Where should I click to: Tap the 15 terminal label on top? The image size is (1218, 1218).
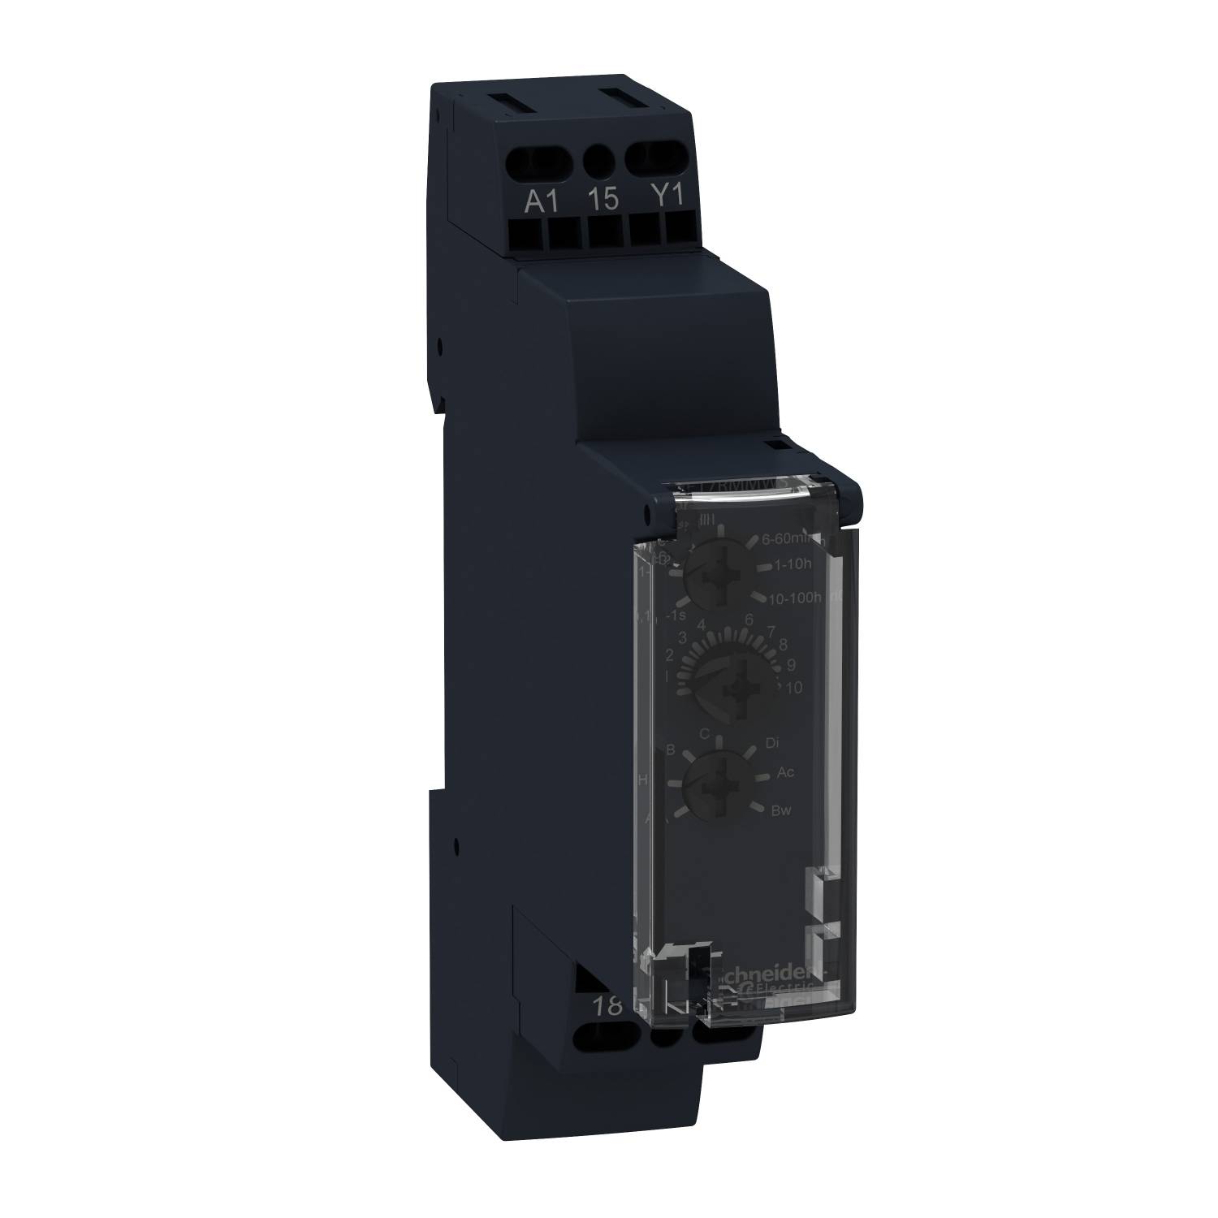(603, 201)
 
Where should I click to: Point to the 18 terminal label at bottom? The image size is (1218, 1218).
(606, 1006)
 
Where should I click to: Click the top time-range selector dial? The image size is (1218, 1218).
(711, 579)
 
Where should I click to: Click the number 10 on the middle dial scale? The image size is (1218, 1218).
(793, 688)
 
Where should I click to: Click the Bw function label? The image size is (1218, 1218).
(782, 810)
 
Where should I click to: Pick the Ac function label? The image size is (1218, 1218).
(785, 772)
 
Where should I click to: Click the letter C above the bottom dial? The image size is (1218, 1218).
(705, 734)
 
